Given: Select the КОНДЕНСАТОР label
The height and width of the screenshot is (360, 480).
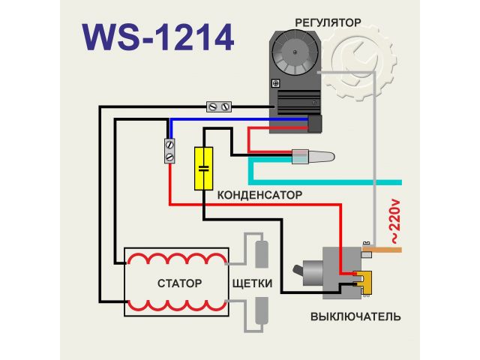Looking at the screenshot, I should (259, 195).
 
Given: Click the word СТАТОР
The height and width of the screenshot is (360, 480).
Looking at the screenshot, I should (180, 283).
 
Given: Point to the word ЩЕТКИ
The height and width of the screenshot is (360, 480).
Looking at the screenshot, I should (253, 284).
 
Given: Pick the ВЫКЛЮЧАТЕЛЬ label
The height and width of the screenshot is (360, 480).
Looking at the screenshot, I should (355, 316).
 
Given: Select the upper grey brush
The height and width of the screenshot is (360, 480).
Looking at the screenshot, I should (259, 253).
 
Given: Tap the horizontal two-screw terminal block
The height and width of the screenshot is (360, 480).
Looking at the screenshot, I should (218, 106).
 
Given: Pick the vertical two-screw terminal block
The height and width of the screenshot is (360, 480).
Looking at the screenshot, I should (170, 150).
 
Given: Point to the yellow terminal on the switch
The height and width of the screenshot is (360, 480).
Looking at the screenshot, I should (365, 280).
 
